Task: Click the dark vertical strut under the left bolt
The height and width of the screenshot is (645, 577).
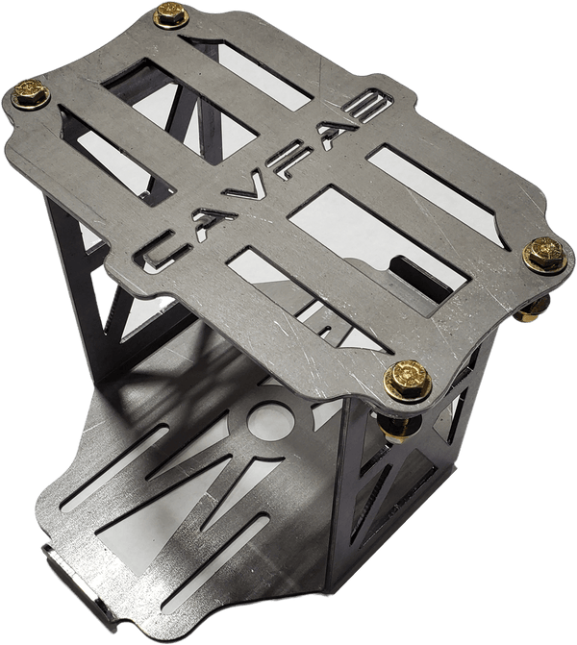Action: [72, 260]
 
